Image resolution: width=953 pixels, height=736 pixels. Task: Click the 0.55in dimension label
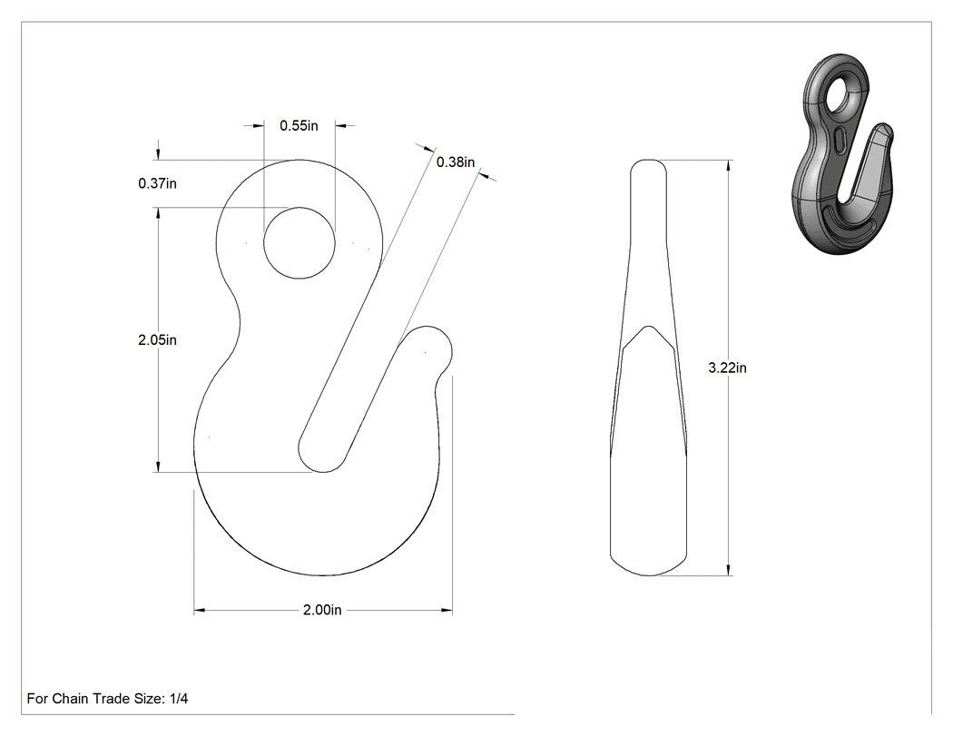tap(299, 126)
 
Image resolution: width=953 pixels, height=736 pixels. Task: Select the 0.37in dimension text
tap(157, 183)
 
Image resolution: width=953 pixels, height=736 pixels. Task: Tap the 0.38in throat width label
tap(456, 162)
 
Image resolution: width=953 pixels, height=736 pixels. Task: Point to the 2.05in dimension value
tap(157, 339)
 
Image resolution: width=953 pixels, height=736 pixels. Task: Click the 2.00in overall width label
tap(322, 610)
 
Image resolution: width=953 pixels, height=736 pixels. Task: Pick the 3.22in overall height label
tap(728, 368)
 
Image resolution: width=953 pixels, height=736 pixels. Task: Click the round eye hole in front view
tap(299, 243)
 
